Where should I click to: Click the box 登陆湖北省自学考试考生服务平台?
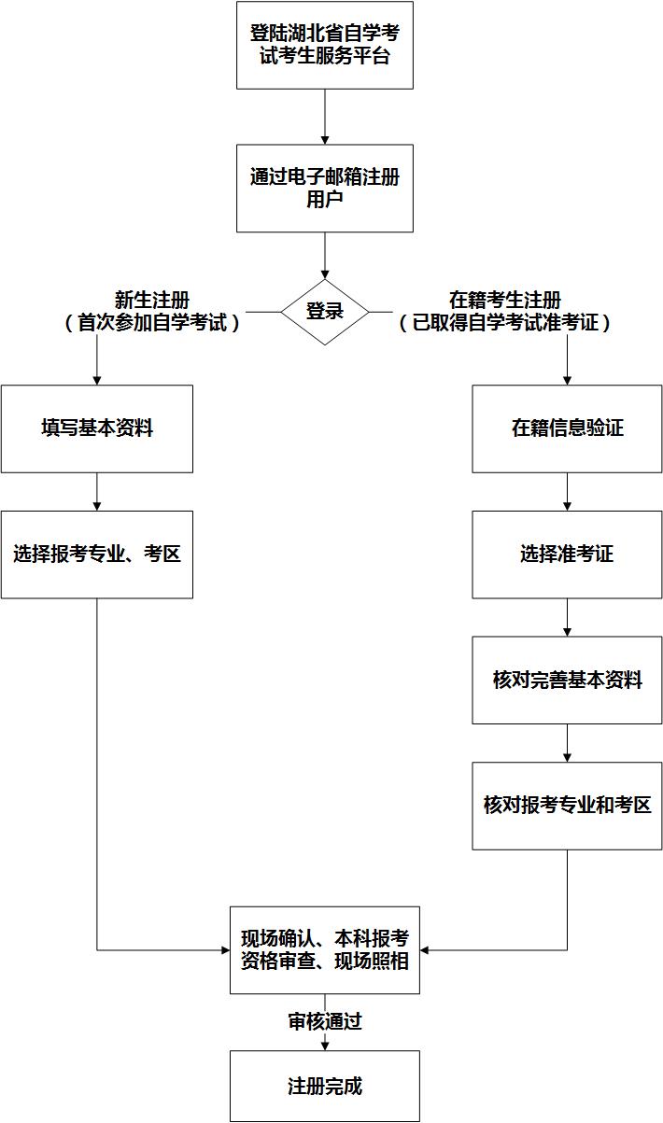point(324,45)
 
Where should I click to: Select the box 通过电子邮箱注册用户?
point(324,188)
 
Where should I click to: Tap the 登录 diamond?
point(325,312)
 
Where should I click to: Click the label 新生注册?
point(152,301)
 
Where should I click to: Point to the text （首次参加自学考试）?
point(152,324)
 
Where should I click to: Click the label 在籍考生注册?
point(505,301)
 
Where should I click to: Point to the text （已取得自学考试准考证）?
point(505,324)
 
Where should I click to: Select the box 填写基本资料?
point(96,428)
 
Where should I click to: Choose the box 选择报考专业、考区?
point(96,554)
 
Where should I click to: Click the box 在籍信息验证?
point(567,428)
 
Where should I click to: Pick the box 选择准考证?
point(567,554)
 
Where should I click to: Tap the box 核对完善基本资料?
point(567,681)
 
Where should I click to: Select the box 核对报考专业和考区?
point(567,806)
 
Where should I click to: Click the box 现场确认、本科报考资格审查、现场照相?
point(324,950)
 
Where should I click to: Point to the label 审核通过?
point(324,1021)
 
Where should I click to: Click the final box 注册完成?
point(324,1087)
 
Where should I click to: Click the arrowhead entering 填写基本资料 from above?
point(97,380)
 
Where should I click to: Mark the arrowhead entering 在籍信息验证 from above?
point(567,380)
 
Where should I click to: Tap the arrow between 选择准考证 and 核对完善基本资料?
point(567,618)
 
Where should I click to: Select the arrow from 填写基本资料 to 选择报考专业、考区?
point(97,492)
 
